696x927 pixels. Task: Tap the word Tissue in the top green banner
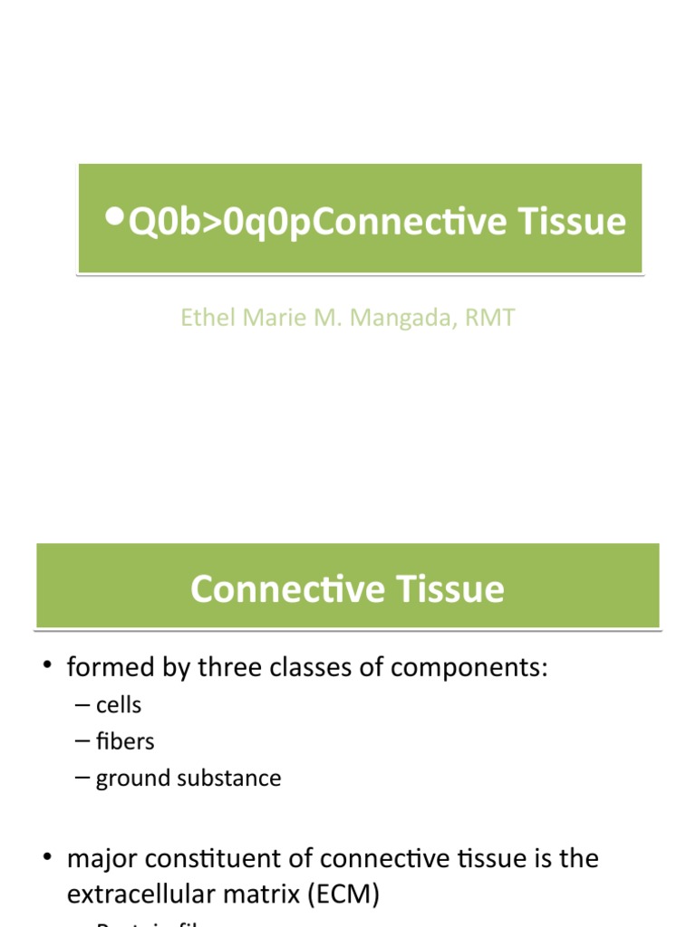click(576, 222)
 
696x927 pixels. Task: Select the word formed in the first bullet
click(104, 668)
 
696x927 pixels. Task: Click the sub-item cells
click(120, 704)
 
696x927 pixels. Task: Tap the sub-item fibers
click(125, 741)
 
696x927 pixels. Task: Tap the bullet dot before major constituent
click(46, 857)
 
